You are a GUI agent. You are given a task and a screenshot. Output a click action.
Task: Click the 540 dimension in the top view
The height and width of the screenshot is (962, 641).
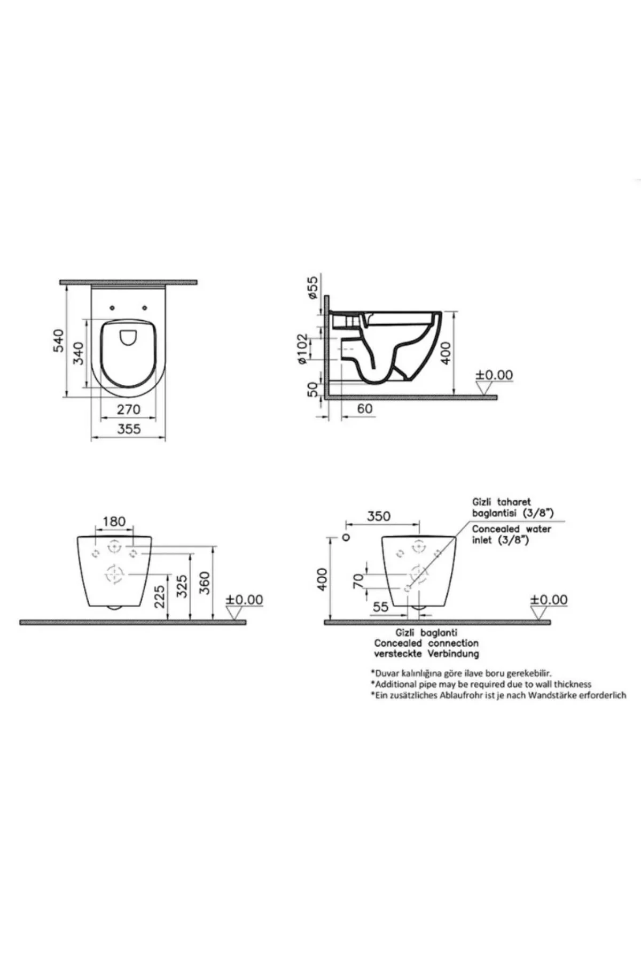coord(59,340)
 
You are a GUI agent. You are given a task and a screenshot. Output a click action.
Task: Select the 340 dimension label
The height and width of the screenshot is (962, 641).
coord(79,353)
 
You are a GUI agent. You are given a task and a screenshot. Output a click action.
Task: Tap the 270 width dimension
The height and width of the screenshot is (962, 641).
coord(128,409)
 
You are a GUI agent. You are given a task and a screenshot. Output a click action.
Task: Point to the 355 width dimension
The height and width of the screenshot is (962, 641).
coord(129,429)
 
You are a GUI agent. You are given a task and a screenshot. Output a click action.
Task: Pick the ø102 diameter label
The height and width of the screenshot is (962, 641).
coord(303,349)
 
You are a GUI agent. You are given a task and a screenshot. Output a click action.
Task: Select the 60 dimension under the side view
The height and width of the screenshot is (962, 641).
coord(364,409)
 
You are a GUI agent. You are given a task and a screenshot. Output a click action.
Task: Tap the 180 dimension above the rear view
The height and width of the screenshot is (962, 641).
coord(114,521)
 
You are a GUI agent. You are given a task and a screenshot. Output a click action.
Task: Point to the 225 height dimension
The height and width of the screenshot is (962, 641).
coord(159,595)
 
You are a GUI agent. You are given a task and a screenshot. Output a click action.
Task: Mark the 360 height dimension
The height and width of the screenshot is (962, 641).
coord(205,583)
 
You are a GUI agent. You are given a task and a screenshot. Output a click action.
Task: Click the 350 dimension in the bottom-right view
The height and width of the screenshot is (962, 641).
coord(378,516)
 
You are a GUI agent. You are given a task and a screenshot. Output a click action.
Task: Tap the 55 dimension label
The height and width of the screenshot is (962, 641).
coord(380,607)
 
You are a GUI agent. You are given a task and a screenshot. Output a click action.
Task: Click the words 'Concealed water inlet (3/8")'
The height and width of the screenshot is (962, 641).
coord(511,534)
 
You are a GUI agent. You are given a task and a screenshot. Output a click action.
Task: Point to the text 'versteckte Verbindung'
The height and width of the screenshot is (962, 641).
coord(426,654)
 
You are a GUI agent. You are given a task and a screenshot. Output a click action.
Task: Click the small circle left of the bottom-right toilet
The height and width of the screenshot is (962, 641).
coord(346,537)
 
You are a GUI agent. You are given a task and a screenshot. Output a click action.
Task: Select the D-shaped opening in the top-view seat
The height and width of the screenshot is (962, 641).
coord(128,337)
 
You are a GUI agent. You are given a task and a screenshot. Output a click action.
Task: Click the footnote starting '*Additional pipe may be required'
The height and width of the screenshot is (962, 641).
coord(481,684)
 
